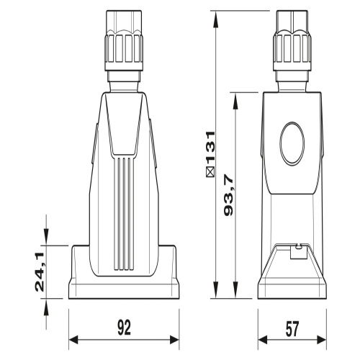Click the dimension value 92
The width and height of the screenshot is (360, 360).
[x=125, y=328]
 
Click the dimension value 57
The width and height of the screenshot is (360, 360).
[x=292, y=328]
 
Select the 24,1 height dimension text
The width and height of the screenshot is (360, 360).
[x=40, y=272]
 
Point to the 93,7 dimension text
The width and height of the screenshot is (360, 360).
[x=229, y=195]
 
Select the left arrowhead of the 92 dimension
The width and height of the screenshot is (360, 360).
[x=73, y=340]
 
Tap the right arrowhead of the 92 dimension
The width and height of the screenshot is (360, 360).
[x=174, y=340]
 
